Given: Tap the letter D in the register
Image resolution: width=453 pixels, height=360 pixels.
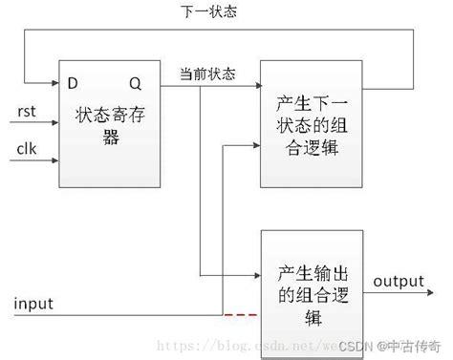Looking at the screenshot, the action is coord(72,83).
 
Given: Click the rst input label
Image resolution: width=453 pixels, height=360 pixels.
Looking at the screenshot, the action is coord(27,112).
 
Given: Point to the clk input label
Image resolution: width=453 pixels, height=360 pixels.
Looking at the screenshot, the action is coord(27,148).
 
